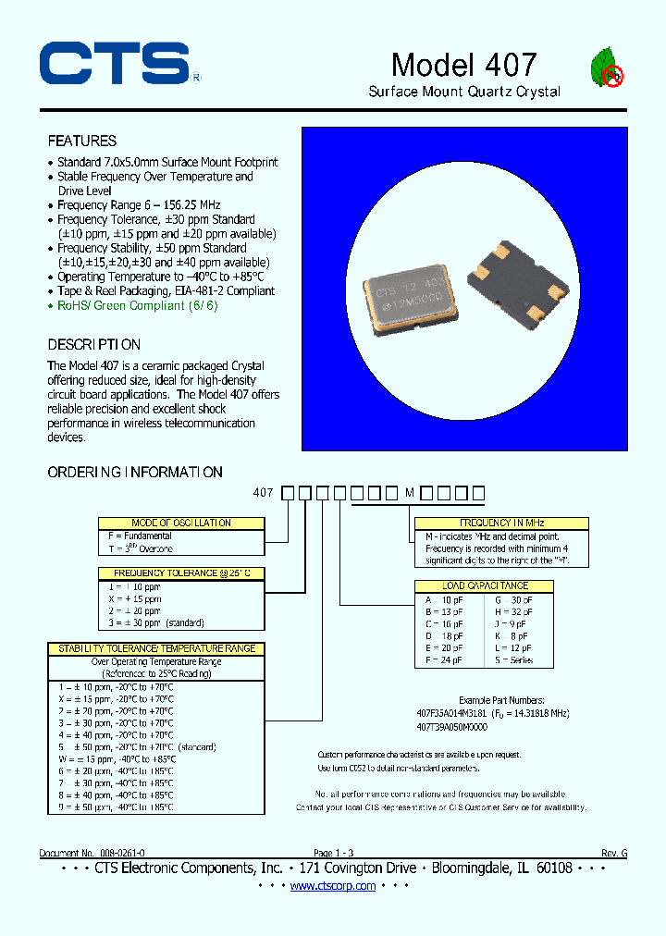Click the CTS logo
point(115,65)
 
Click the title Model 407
point(463,64)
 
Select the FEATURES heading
point(82,142)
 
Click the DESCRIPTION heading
point(94,345)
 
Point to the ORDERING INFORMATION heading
point(135,473)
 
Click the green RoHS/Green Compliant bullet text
point(138,305)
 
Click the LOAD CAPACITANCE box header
point(485,586)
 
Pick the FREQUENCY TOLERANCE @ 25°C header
point(181,573)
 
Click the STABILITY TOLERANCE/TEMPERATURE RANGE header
point(156,649)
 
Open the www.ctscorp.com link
point(333,886)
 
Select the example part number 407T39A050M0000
point(452,728)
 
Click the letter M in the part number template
point(410,493)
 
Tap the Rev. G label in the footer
point(613,853)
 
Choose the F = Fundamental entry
point(141,536)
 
